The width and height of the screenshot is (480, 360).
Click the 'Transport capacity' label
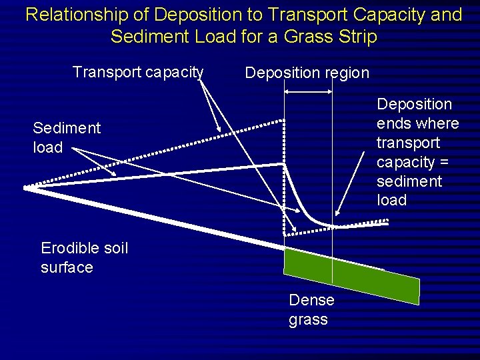pos(137,71)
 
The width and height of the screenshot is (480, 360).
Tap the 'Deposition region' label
pos(307,73)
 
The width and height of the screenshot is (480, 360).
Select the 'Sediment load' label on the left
pos(66,137)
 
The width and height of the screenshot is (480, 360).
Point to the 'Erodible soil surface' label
pos(84,257)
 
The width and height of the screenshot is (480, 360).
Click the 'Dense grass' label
pos(311,310)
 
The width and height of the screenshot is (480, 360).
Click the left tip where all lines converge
pos(27,189)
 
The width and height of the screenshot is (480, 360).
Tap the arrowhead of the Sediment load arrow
pos(116,175)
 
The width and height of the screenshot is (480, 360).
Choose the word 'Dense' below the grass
pos(311,301)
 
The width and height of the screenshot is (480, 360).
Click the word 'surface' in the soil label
pos(67,267)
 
